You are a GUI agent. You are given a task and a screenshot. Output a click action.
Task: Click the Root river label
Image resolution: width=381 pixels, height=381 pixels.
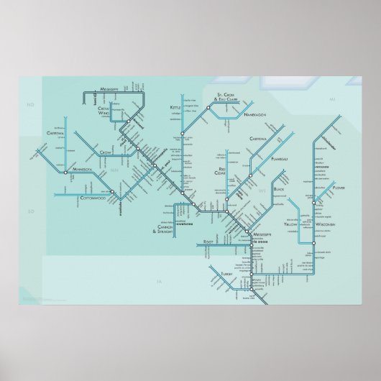(208, 242)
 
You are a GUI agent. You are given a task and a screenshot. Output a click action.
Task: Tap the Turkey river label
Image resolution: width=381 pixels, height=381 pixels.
(229, 274)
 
